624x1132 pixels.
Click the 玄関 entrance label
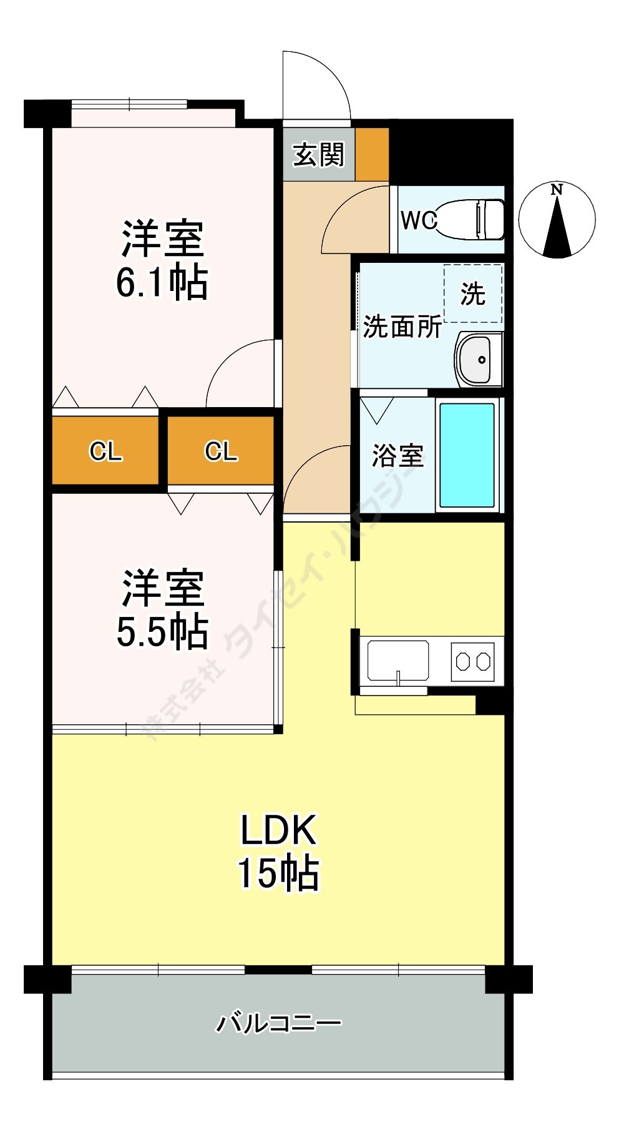click(x=319, y=155)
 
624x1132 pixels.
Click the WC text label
click(x=419, y=220)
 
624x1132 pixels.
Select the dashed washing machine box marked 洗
click(x=472, y=293)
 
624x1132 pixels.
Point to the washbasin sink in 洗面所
click(x=479, y=360)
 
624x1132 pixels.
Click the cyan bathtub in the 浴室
click(x=467, y=455)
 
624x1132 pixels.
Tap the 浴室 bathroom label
click(x=397, y=455)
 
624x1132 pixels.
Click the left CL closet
click(x=105, y=450)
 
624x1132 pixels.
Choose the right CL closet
click(x=221, y=450)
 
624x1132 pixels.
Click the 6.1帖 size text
click(x=162, y=283)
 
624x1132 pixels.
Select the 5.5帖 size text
click(x=162, y=632)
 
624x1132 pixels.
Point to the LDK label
click(x=279, y=830)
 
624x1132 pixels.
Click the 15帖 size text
click(x=278, y=873)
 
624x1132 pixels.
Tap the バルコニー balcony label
click(x=279, y=1023)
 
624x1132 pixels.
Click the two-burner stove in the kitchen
click(x=472, y=661)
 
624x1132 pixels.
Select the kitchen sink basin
click(x=398, y=661)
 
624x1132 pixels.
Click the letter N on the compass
click(x=557, y=190)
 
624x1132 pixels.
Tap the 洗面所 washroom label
click(x=402, y=326)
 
